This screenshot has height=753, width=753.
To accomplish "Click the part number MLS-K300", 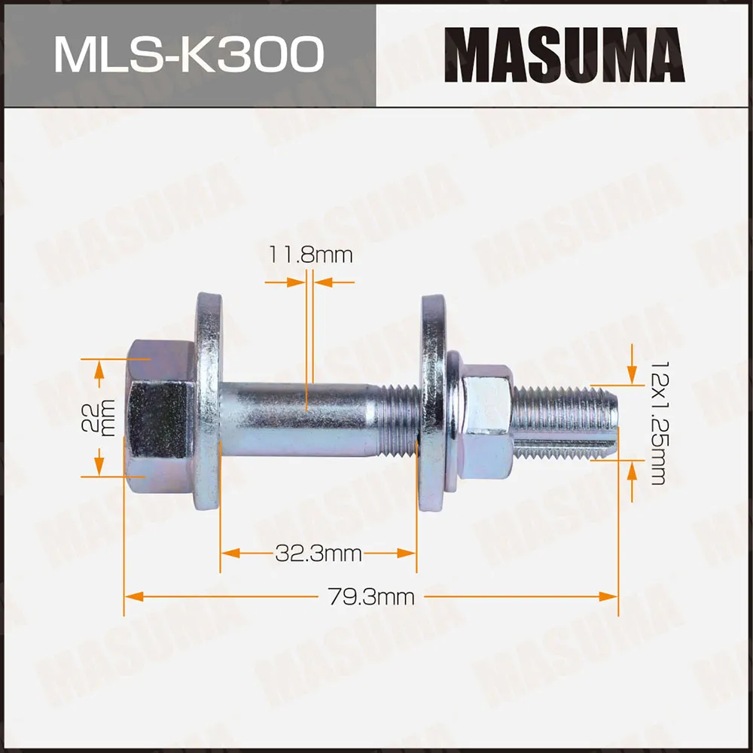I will pyautogui.click(x=188, y=55).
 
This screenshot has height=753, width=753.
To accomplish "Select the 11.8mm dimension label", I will pyautogui.click(x=310, y=255).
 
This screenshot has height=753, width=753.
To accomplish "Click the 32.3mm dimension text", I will pyautogui.click(x=318, y=555).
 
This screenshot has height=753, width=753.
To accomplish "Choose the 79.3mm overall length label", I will pyautogui.click(x=370, y=597).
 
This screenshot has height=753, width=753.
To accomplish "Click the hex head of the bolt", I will pyautogui.click(x=160, y=416).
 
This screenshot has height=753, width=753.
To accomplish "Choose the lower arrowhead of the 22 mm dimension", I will pyautogui.click(x=98, y=468).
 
